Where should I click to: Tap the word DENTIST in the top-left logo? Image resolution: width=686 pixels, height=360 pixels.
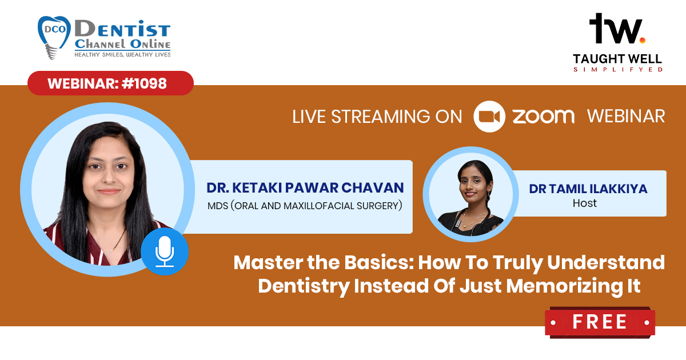click(x=122, y=29)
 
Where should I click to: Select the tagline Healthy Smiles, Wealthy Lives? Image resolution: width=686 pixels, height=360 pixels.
click(x=122, y=54)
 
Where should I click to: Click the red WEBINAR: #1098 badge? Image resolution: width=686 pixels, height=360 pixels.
click(x=110, y=83)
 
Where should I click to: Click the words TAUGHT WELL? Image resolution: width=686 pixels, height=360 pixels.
click(x=617, y=59)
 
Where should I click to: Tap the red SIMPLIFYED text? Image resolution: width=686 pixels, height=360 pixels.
click(x=618, y=70)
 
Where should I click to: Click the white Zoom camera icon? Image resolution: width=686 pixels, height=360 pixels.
click(x=489, y=117)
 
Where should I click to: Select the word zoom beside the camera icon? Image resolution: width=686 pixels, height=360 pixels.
click(x=544, y=117)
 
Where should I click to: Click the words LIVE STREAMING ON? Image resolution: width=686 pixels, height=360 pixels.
click(x=377, y=117)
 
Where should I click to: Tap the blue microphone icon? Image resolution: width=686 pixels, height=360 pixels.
click(x=165, y=251)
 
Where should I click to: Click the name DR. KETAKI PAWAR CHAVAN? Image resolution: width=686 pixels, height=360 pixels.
click(x=305, y=188)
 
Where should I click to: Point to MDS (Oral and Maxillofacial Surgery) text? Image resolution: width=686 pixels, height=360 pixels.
click(x=305, y=206)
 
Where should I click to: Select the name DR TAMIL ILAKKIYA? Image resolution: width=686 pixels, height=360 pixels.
click(x=588, y=189)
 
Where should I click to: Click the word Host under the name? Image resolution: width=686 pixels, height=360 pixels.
click(x=585, y=203)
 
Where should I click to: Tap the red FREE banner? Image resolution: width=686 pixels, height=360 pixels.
click(x=600, y=322)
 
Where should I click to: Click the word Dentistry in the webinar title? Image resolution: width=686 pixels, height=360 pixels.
click(x=304, y=286)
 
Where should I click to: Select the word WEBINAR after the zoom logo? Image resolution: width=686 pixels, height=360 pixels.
click(x=626, y=117)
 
